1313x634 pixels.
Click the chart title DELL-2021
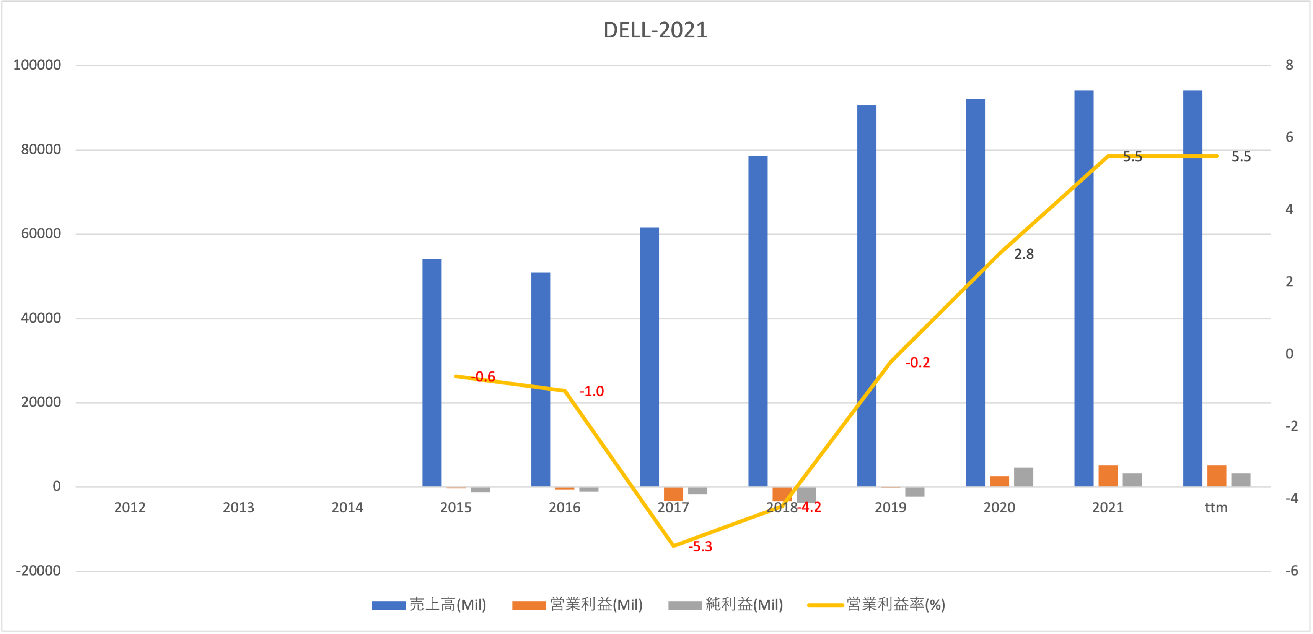655,30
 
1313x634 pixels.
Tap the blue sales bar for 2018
757,321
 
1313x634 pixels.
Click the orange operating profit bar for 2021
1108,476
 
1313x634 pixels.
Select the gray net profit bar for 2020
1023,477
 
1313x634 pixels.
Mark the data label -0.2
917,363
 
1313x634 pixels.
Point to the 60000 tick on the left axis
41,234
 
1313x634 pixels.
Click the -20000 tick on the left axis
38,571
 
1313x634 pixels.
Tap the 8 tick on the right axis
1289,65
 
